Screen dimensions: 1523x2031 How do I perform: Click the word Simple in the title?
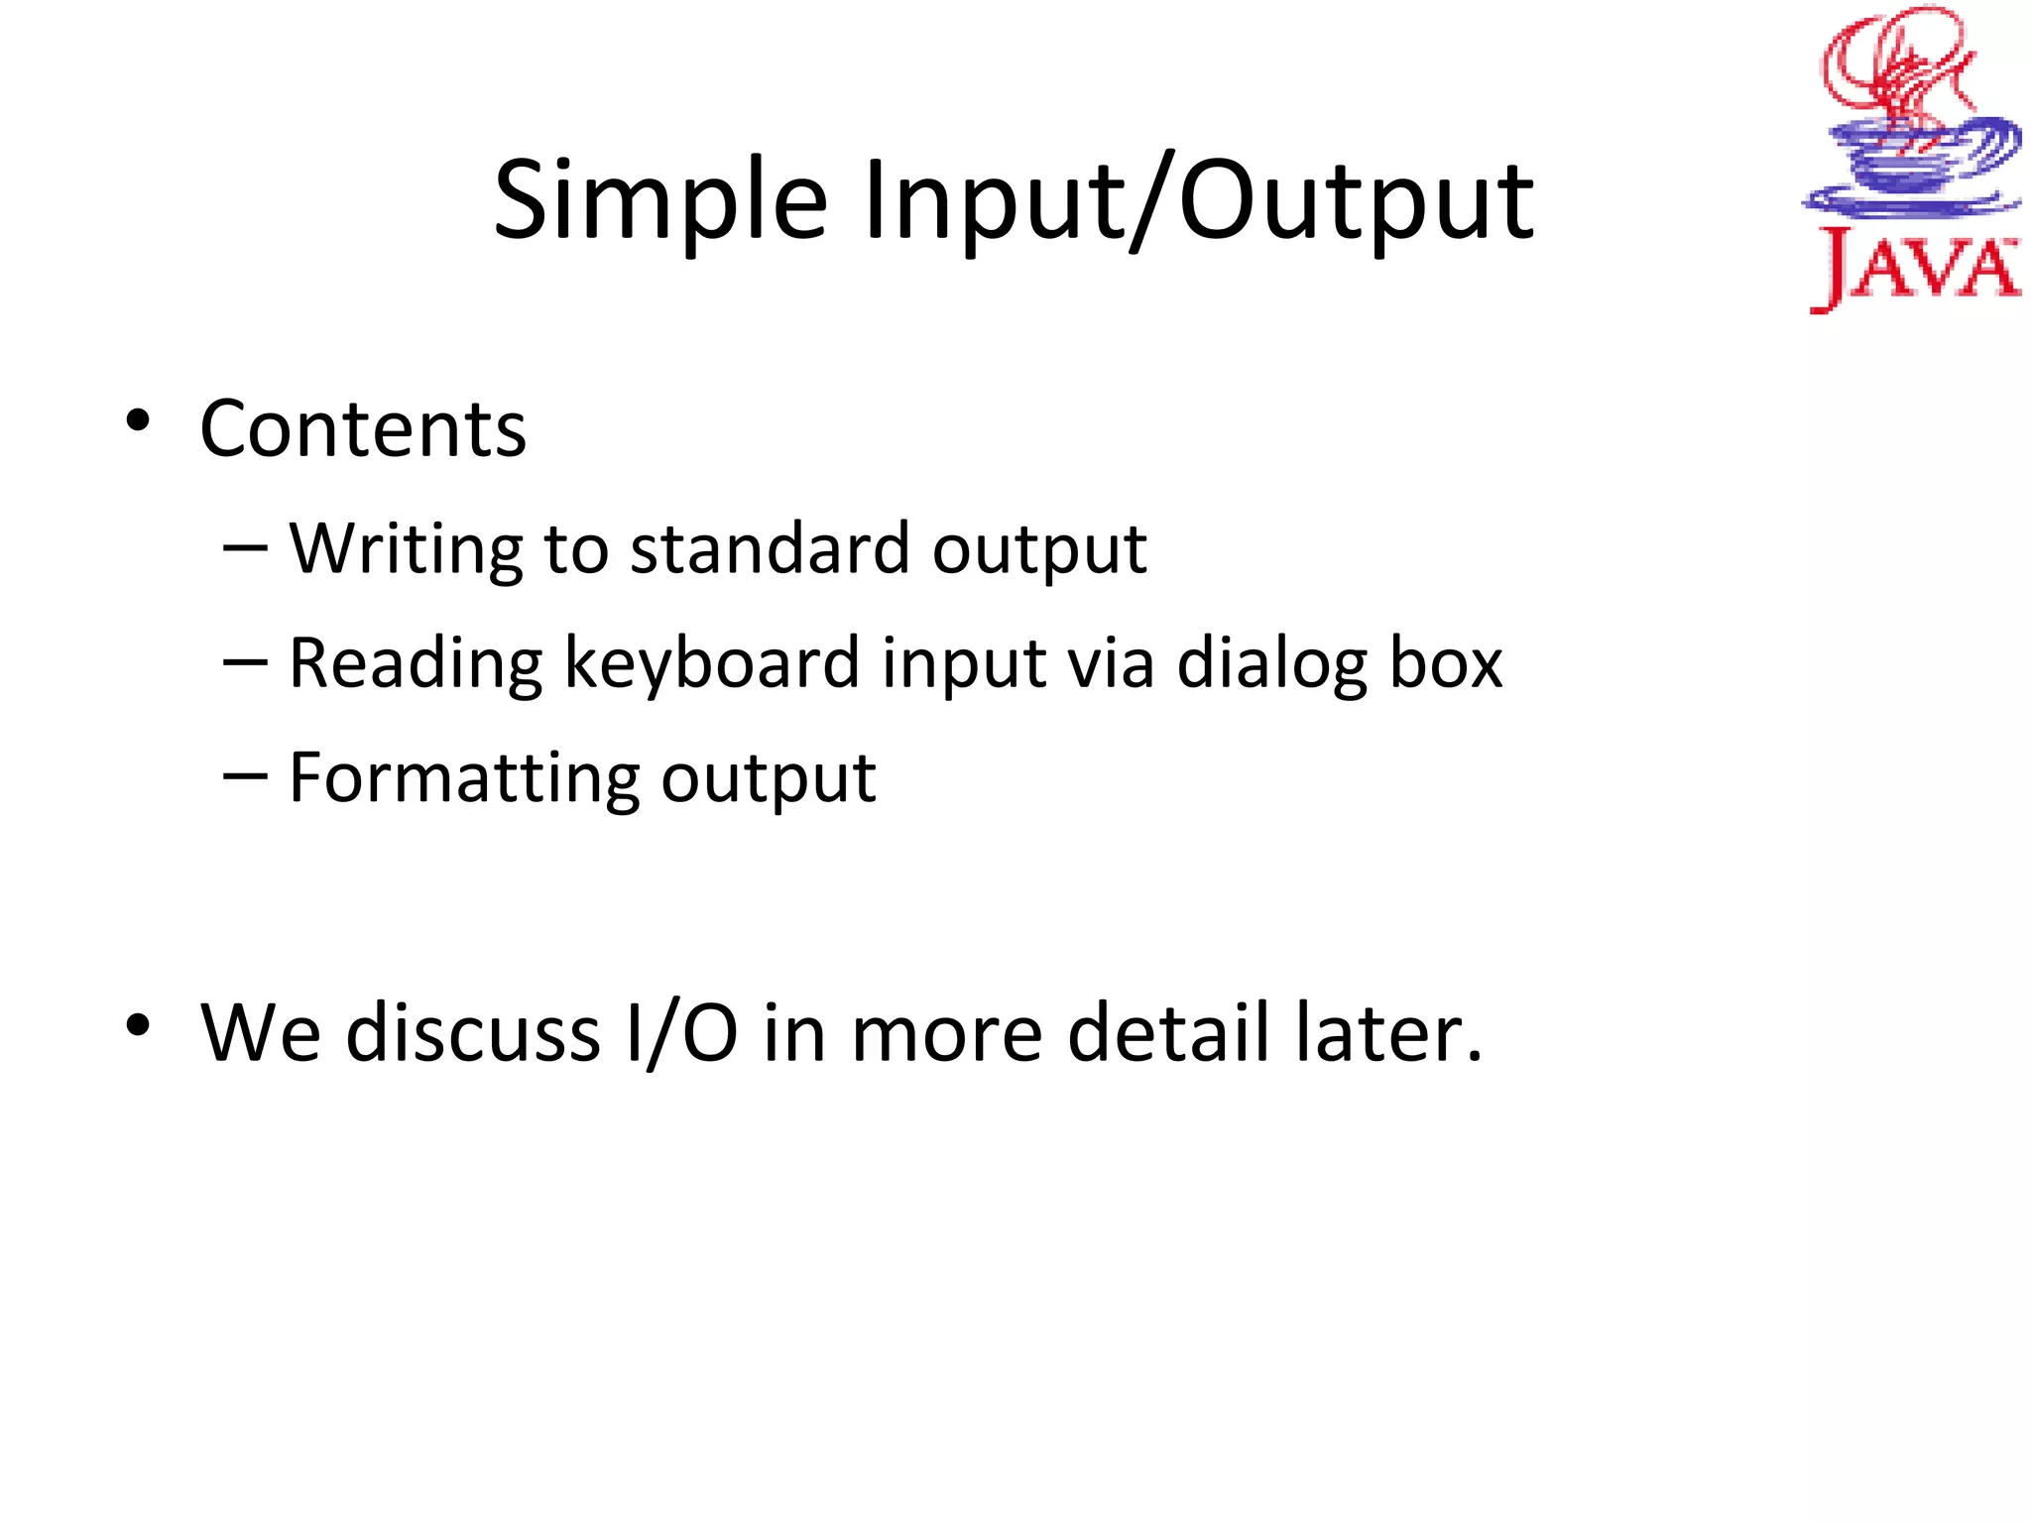click(659, 203)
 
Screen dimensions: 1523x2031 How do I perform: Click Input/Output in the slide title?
click(1198, 203)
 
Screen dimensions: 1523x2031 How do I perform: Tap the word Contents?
click(363, 429)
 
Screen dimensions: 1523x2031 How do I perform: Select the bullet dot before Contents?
click(138, 420)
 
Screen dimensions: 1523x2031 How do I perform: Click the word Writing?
click(405, 548)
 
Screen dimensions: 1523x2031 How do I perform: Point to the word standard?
click(770, 548)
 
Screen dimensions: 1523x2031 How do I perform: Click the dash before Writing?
click(245, 547)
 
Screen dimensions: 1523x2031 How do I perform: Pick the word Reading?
click(416, 663)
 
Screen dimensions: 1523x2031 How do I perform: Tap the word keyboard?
click(711, 663)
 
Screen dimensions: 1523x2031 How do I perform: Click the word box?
click(1446, 663)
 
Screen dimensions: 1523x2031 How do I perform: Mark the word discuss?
click(473, 1033)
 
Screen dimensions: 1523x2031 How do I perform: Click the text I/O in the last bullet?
click(682, 1033)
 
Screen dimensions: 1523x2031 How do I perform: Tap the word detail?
click(1168, 1033)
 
